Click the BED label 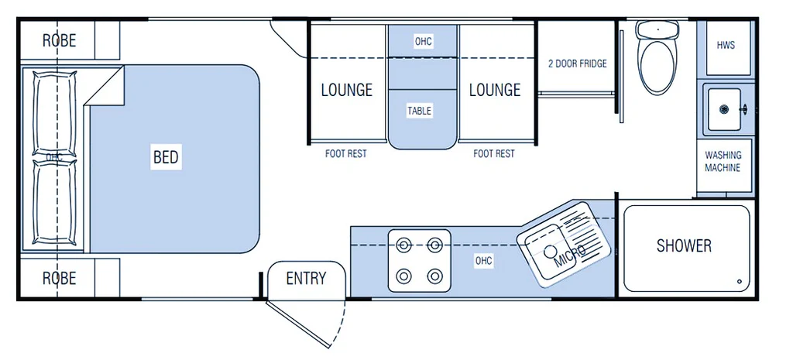166,158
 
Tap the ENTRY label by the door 306,279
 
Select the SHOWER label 684,246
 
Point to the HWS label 726,46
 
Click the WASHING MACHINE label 723,162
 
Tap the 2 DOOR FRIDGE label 577,63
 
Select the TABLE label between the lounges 420,111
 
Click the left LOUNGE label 347,90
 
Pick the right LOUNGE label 495,90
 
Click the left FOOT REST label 346,154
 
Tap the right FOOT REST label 494,154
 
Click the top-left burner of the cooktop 403,245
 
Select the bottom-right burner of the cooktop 435,276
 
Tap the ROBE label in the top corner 60,40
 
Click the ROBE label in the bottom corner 60,277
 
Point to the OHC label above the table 423,41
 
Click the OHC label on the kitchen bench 484,261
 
